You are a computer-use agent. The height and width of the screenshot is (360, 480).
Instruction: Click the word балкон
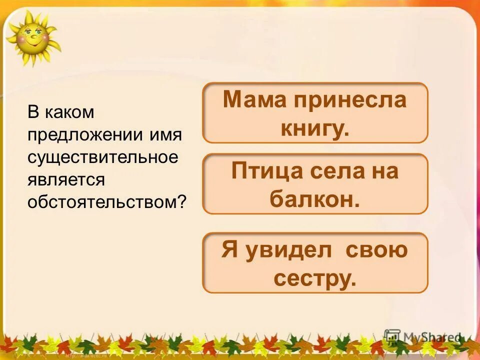(x=314, y=199)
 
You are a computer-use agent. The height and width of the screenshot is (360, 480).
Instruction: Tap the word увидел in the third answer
(x=288, y=250)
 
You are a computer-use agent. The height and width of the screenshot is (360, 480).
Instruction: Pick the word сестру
(x=314, y=278)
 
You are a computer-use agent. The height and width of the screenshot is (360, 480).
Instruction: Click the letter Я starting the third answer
(x=229, y=250)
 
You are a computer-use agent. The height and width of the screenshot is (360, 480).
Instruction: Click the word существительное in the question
(x=102, y=157)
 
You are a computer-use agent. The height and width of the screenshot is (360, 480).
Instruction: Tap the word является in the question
(x=66, y=179)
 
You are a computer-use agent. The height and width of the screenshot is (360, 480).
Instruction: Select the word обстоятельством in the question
(x=102, y=201)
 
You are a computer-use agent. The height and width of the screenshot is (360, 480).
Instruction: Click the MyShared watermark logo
(x=422, y=337)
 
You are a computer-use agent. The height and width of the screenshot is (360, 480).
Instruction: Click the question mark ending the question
(x=182, y=201)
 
